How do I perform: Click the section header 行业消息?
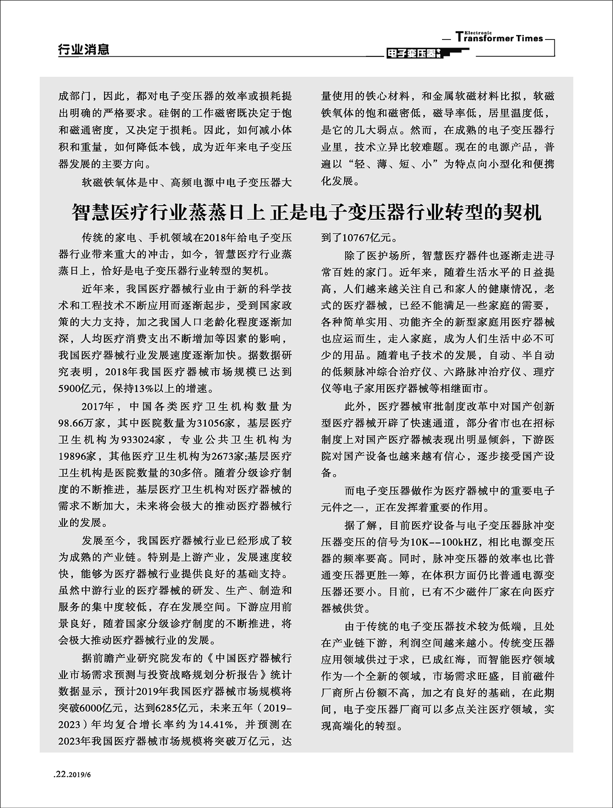pyautogui.click(x=84, y=49)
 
